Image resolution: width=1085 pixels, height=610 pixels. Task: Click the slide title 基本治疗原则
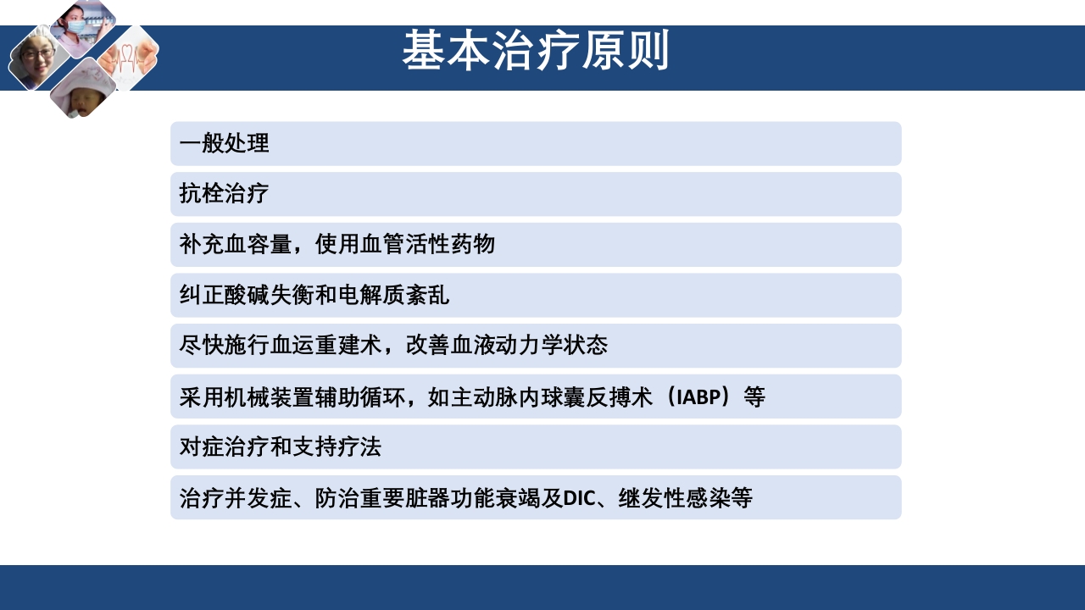[535, 51]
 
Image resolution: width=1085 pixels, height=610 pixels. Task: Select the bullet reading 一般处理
[224, 144]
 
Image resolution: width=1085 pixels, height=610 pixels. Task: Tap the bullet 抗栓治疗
[224, 194]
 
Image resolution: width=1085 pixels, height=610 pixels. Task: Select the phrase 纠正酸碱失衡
[246, 296]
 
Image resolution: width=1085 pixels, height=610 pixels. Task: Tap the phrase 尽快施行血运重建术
[280, 346]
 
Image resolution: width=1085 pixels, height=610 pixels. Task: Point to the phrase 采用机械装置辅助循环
[292, 396]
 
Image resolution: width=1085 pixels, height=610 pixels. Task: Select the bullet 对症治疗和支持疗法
[280, 446]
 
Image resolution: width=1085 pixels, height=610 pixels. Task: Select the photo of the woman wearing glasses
[36, 58]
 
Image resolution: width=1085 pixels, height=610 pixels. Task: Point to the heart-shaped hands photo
[130, 58]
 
